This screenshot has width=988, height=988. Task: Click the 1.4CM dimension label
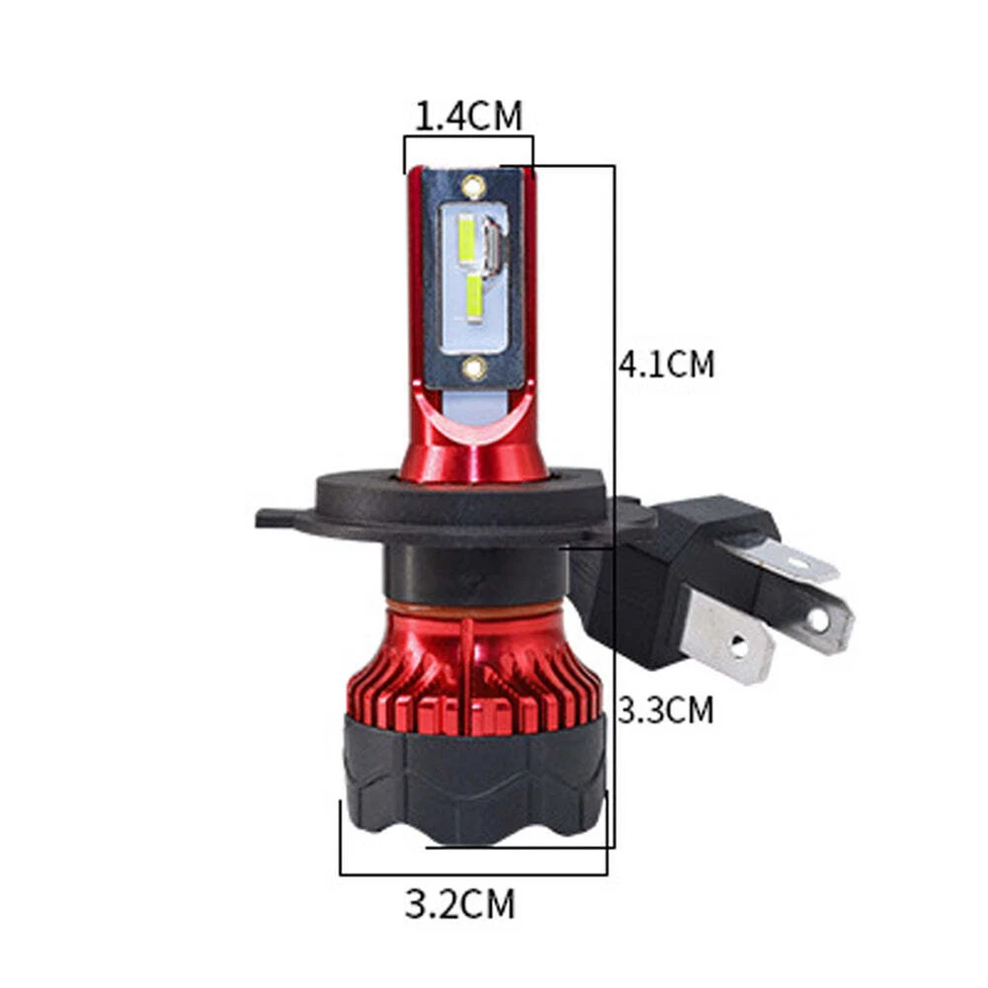pos(468,116)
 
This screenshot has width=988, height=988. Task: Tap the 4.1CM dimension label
pos(667,365)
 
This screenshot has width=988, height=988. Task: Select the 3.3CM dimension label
pos(665,710)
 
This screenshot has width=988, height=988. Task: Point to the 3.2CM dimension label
pos(460,904)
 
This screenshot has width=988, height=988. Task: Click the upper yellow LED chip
pos(466,239)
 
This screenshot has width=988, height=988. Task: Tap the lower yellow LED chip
pos(474,300)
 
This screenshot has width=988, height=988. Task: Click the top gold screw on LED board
pos(473,187)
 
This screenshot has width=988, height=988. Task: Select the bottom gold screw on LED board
pos(474,368)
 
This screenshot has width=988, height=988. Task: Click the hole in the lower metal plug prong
pos(738,645)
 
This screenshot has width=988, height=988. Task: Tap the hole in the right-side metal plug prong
pos(818,620)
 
